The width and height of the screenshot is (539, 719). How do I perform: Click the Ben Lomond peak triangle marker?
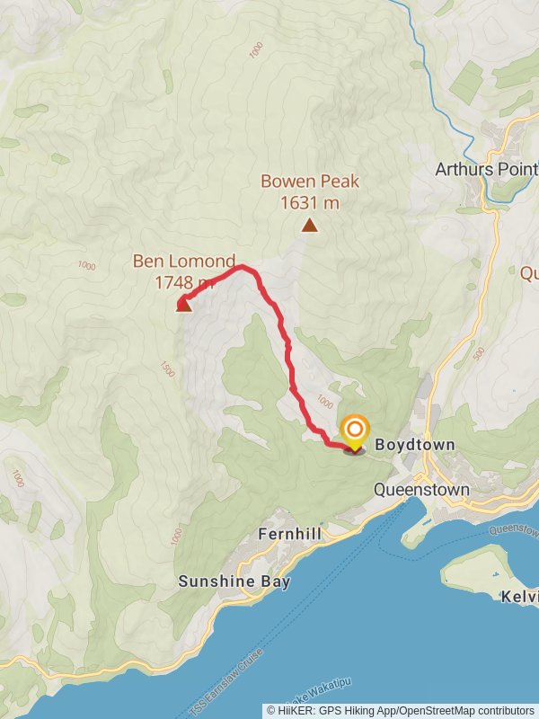183,304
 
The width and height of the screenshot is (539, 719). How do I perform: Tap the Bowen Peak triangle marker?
309,225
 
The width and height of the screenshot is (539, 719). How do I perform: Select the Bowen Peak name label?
310,182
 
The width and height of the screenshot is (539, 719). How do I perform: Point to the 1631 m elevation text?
310,202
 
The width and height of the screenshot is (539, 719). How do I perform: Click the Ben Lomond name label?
184,262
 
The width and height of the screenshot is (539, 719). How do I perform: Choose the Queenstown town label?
421,490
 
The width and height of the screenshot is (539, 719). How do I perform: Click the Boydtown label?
415,445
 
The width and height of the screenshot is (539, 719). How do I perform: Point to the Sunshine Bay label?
234,581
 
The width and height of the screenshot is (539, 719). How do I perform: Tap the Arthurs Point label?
486,169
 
